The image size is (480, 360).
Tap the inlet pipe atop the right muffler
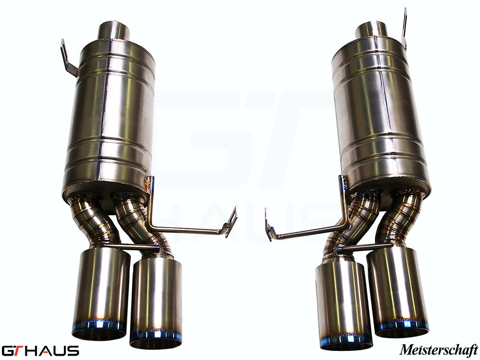(371, 30)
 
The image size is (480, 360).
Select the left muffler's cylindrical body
(109, 115)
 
